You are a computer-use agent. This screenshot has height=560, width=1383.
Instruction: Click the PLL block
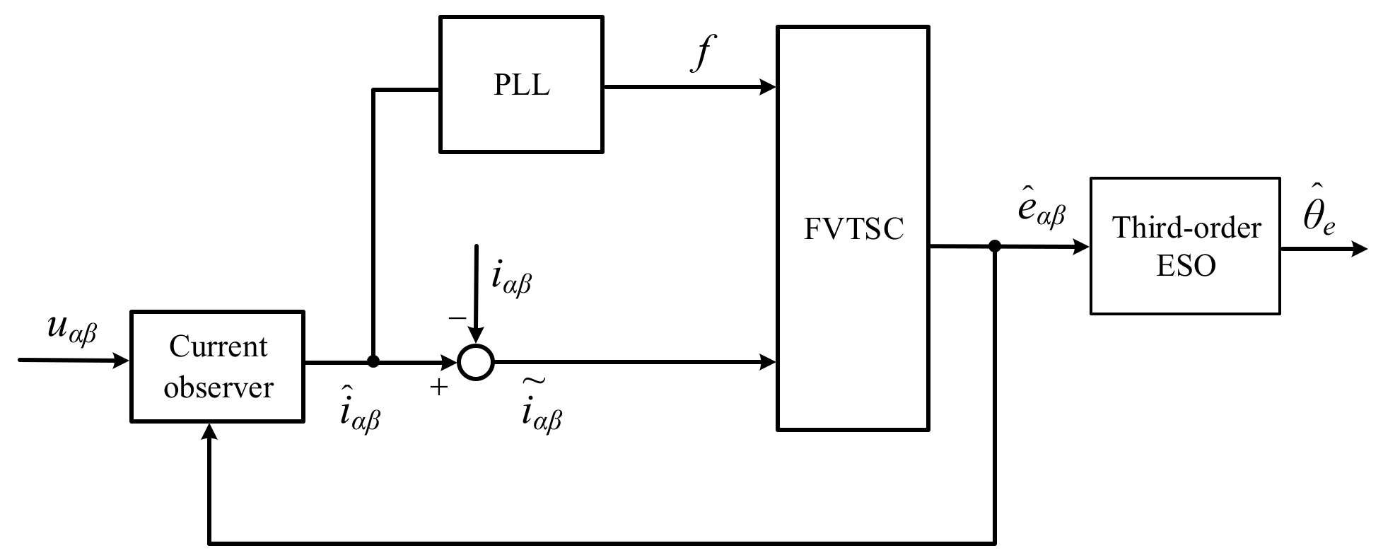pos(521,84)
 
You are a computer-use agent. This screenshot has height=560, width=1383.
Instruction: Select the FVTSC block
pos(853,228)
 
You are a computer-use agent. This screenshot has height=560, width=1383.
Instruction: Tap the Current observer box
pos(218,366)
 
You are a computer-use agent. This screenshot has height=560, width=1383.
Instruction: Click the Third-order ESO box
pos(1185,245)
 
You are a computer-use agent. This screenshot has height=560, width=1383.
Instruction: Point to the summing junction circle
pos(475,363)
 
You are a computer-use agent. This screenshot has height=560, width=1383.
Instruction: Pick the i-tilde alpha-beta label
pos(542,410)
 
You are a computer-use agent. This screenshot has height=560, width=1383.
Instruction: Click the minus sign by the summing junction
pos(457,318)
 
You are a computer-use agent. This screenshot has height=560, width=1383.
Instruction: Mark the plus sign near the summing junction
pos(439,387)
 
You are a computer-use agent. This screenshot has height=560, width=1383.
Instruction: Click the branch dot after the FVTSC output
pos(995,247)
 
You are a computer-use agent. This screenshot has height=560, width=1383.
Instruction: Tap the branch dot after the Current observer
pos(373,362)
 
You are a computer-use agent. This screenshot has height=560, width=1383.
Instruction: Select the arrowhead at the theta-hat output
pos(1359,249)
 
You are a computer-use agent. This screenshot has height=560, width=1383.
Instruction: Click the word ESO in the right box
pos(1186,266)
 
